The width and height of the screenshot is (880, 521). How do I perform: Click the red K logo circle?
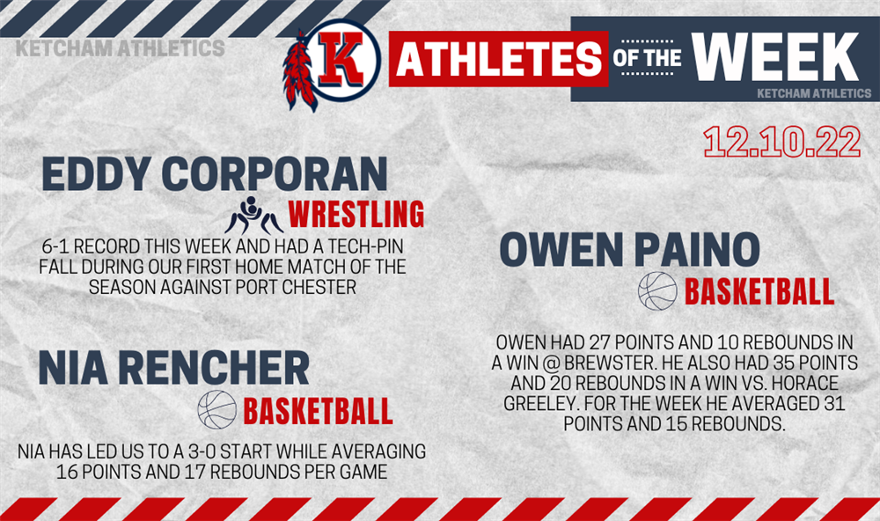[344, 60]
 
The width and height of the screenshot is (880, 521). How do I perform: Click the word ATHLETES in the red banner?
[498, 59]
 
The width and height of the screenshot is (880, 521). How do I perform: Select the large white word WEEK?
[775, 56]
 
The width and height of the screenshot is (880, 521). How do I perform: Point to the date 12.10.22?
[781, 142]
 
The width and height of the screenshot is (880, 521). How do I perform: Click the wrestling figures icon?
[253, 216]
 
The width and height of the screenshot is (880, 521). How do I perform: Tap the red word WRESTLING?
[356, 214]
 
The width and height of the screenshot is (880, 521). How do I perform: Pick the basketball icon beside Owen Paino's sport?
[657, 290]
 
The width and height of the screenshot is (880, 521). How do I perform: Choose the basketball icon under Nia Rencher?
[217, 410]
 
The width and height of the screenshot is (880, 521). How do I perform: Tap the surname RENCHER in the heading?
[214, 368]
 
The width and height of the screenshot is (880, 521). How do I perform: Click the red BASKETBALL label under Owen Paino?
[759, 291]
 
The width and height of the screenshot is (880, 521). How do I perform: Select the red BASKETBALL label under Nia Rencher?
[318, 412]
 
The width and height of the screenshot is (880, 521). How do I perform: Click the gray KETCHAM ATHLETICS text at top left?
[120, 48]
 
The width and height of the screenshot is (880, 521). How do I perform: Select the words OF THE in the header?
[647, 58]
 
